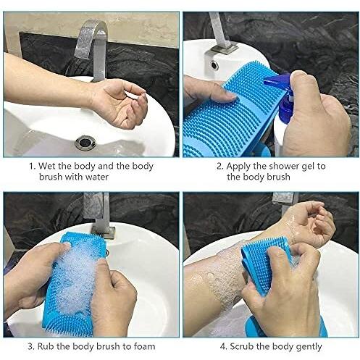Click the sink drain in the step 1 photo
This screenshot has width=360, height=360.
click(85, 143)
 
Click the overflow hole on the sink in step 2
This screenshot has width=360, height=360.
click(214, 65)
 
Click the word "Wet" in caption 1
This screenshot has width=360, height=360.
click(47, 166)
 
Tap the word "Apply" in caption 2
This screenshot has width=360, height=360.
click(238, 167)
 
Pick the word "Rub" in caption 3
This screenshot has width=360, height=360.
click(46, 346)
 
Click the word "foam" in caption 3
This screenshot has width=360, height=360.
click(144, 346)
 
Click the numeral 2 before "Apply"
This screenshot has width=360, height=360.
click(219, 166)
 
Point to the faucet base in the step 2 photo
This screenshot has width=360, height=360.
click(224, 49)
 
